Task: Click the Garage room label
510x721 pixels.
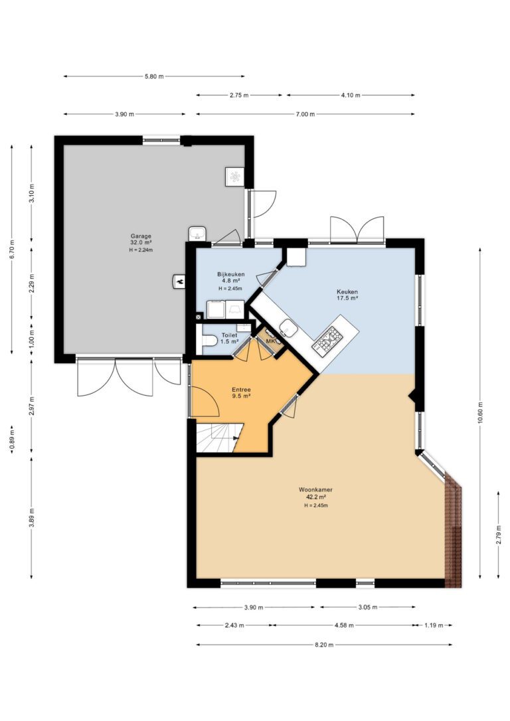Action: click(141, 236)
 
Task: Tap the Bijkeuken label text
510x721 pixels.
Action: click(231, 274)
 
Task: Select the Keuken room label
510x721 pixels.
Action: click(347, 291)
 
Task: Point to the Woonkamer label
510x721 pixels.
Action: click(315, 490)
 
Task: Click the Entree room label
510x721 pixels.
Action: click(241, 390)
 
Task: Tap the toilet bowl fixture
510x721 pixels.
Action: click(209, 341)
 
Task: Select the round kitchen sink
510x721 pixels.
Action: click(289, 328)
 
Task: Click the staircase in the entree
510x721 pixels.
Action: click(219, 438)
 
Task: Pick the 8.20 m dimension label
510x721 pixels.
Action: click(324, 645)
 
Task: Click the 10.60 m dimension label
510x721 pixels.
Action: click(480, 414)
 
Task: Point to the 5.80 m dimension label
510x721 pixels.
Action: click(154, 76)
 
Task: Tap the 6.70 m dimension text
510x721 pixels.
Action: click(11, 250)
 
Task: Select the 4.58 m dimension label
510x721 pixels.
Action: click(344, 625)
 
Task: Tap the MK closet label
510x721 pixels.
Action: click(270, 341)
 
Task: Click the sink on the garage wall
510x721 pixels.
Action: click(198, 234)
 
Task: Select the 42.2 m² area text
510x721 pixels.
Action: click(315, 497)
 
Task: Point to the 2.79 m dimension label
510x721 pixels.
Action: click(499, 534)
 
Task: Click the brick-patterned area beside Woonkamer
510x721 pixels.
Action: click(454, 533)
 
